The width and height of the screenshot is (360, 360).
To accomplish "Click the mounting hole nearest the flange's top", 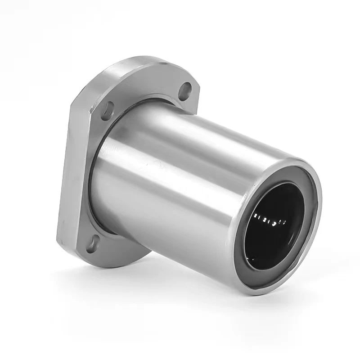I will (x=184, y=90).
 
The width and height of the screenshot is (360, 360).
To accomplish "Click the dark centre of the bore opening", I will (x=274, y=234).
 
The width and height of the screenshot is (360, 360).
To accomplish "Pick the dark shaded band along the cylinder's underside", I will (x=180, y=234).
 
